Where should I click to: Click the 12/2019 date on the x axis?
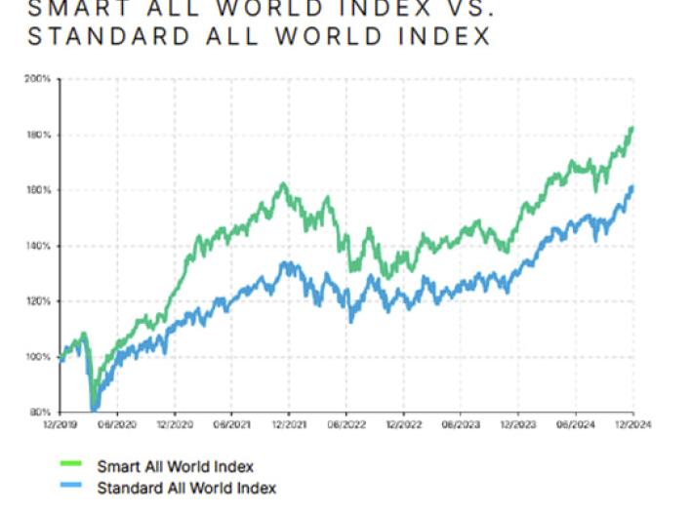(60, 424)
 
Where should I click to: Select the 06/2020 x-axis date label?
(117, 424)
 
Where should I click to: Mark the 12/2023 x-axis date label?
(518, 424)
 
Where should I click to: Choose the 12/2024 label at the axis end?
(633, 424)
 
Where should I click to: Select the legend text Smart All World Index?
(176, 467)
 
